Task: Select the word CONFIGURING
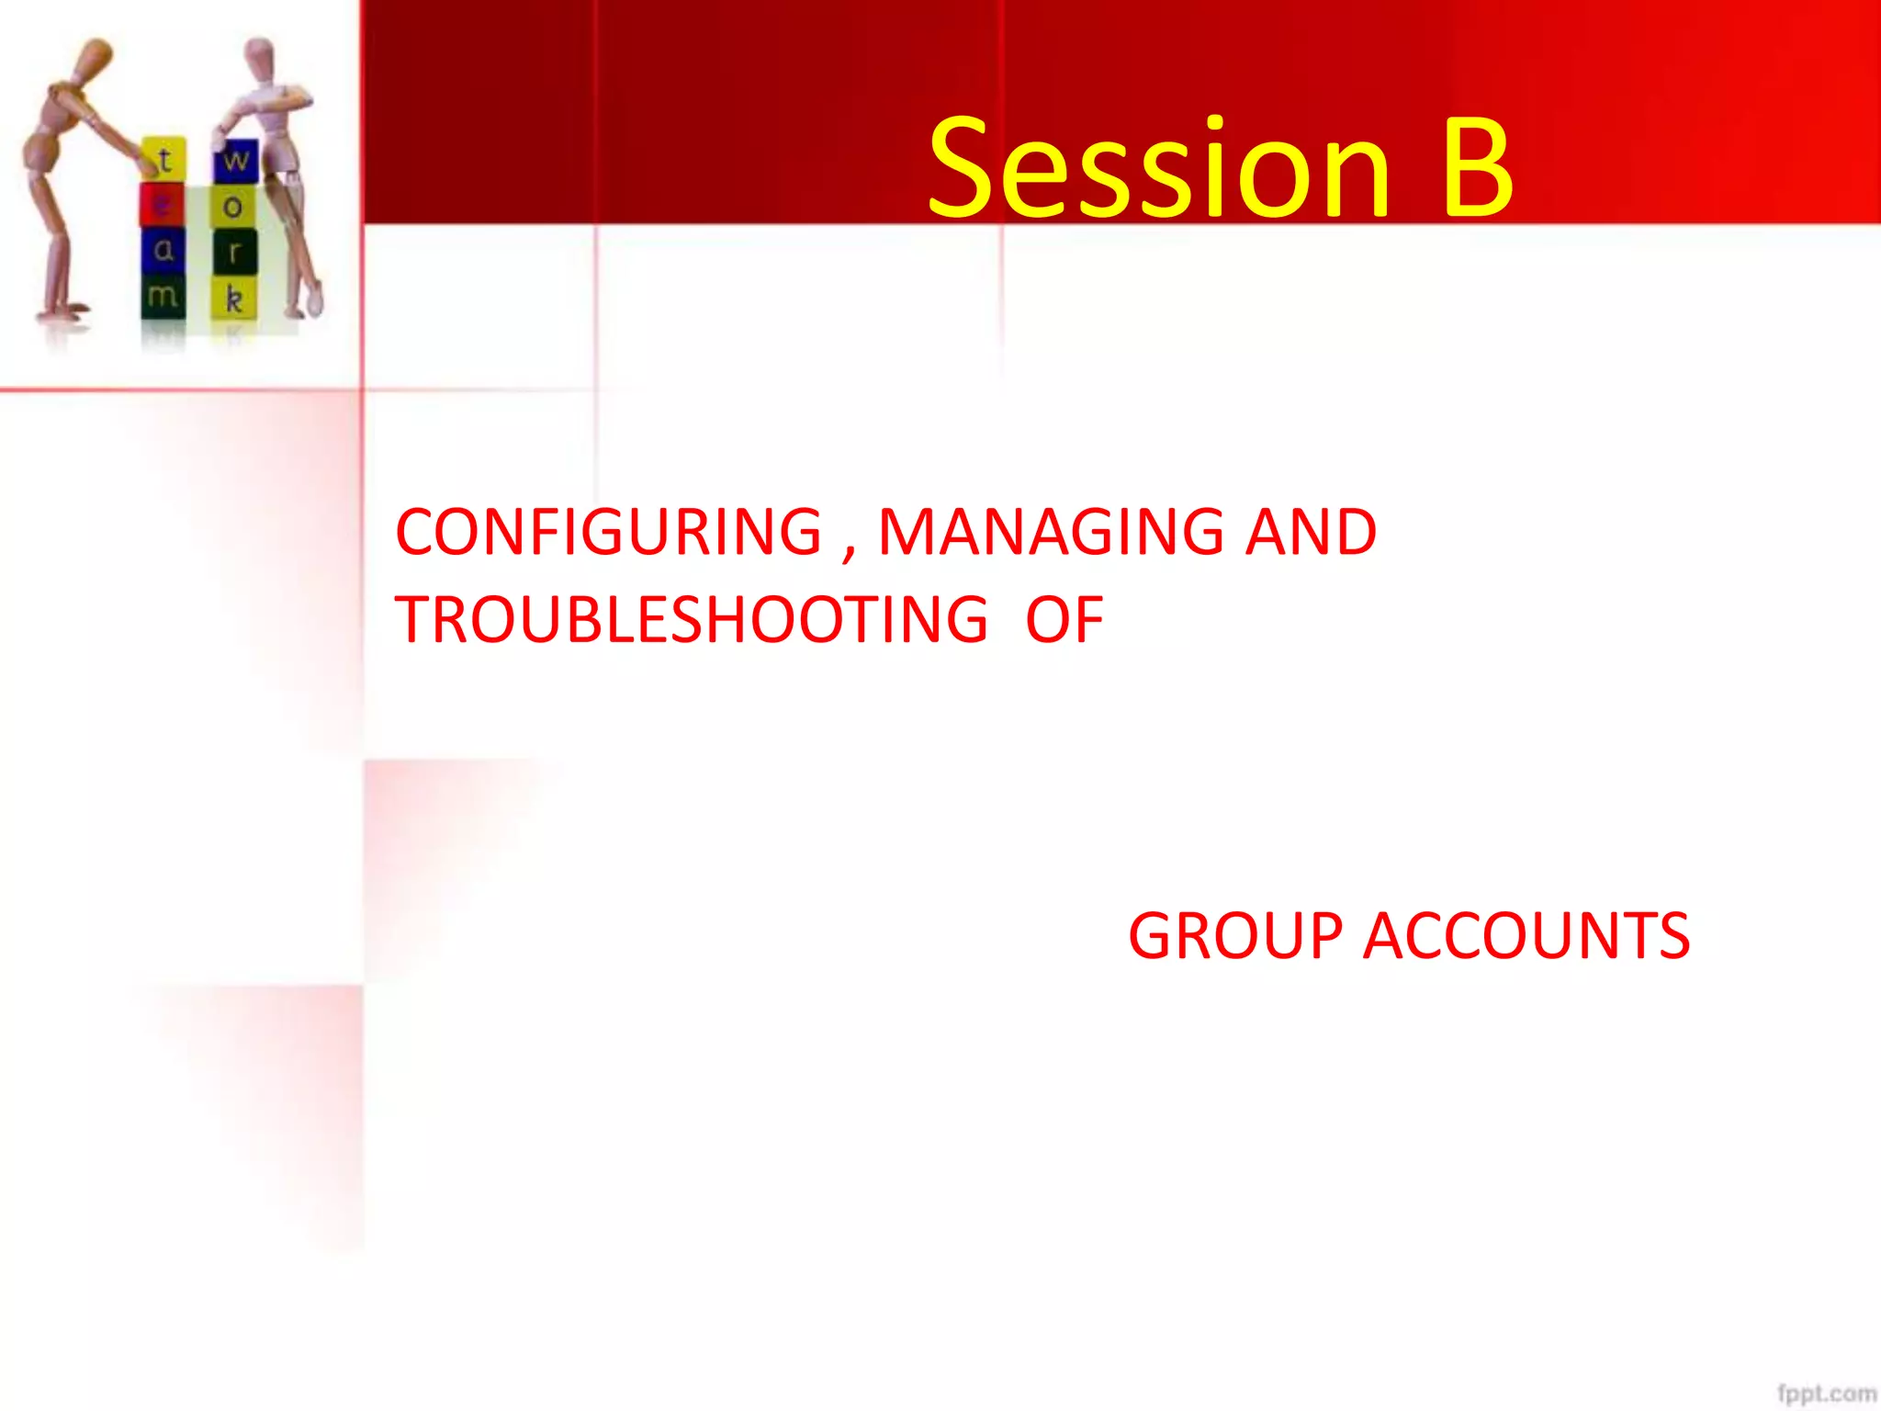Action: [x=608, y=533]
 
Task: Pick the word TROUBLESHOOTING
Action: [x=692, y=620]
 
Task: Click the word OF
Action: [x=1064, y=620]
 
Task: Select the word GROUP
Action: [x=1235, y=937]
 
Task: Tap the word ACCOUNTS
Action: [x=1526, y=937]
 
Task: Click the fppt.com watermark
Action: [x=1826, y=1393]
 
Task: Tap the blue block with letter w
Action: [x=236, y=161]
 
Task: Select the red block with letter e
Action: [x=162, y=205]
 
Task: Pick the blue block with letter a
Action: [x=163, y=250]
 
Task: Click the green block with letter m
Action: [x=163, y=296]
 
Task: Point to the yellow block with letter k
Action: [x=234, y=299]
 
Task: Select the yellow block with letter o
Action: [x=233, y=207]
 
